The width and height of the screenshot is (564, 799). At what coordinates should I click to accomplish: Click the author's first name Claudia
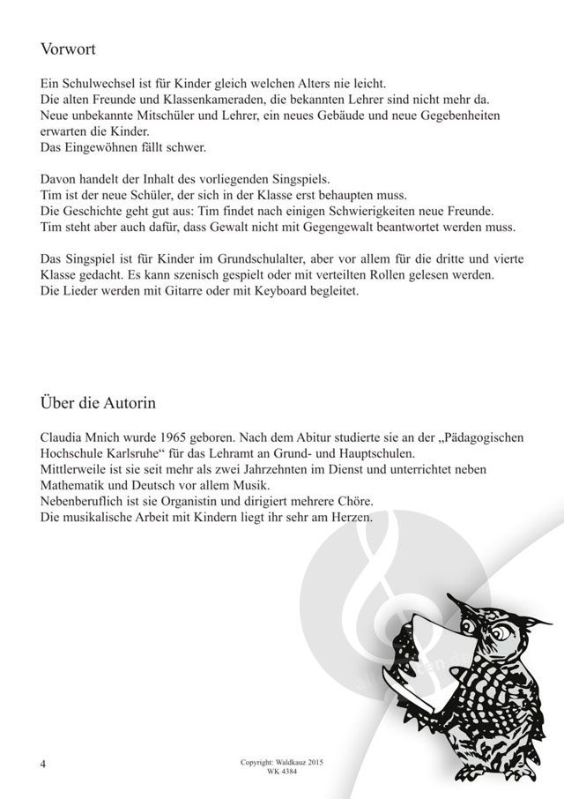63,437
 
